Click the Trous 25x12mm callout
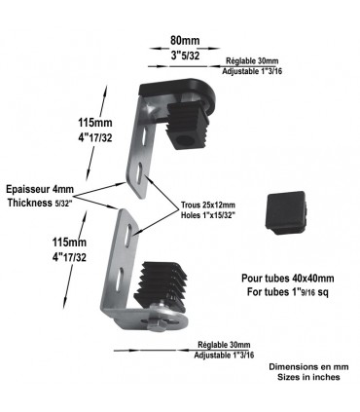(x=208, y=205)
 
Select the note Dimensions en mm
(x=306, y=366)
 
